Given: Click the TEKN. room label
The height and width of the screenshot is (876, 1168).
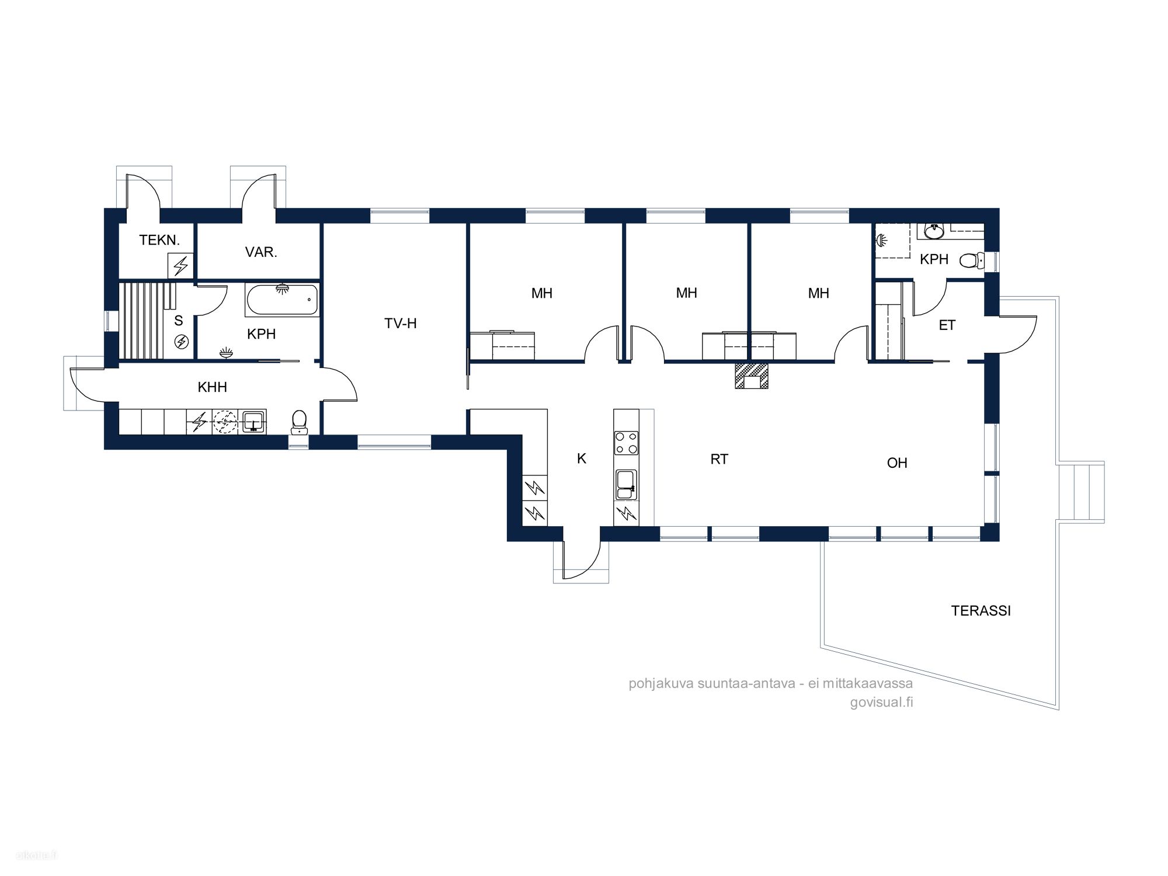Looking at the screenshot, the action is [159, 240].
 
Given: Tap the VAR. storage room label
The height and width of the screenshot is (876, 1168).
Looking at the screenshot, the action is [261, 252].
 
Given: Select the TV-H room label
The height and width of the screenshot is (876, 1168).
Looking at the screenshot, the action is [401, 324].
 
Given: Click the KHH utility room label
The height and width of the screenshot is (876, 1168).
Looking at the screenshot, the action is [213, 387].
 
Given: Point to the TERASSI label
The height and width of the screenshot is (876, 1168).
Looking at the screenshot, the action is [981, 611].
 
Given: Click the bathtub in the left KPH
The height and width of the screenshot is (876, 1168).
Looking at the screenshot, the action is [283, 300].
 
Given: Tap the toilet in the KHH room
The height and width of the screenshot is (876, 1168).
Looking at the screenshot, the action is [300, 422].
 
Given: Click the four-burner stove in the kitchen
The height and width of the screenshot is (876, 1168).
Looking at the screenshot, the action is [626, 442].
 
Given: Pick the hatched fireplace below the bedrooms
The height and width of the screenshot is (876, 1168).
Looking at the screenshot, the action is [752, 376].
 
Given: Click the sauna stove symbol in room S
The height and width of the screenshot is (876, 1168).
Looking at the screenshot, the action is [182, 342].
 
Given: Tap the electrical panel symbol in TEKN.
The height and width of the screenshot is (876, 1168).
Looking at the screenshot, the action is [180, 266].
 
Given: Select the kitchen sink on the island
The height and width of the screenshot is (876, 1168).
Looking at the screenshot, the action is [626, 485].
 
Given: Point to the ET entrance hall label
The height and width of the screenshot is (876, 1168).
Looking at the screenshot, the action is [947, 325].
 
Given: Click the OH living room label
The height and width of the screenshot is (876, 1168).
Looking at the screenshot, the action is [897, 463].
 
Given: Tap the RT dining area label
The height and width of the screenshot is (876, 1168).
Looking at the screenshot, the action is [719, 460].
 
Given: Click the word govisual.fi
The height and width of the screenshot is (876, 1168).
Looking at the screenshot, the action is [881, 703].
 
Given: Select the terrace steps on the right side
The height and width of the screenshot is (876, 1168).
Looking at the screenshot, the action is [1082, 491].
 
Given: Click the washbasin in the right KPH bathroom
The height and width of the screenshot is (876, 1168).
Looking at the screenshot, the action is [934, 231].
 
